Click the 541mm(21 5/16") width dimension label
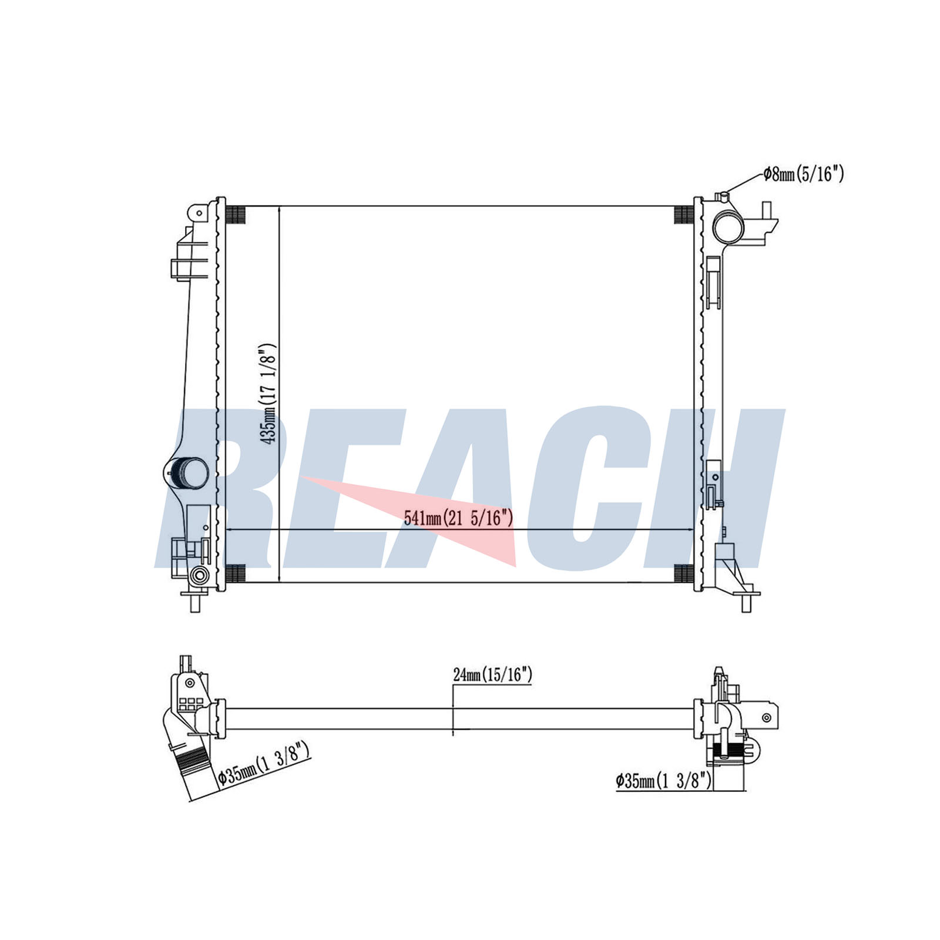pos(459,518)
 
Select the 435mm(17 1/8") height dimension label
pos(268,393)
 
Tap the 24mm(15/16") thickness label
pos(492,675)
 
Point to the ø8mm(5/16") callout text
pos(804,174)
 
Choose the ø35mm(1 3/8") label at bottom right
pos(664,781)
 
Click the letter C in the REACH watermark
pos(611,488)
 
